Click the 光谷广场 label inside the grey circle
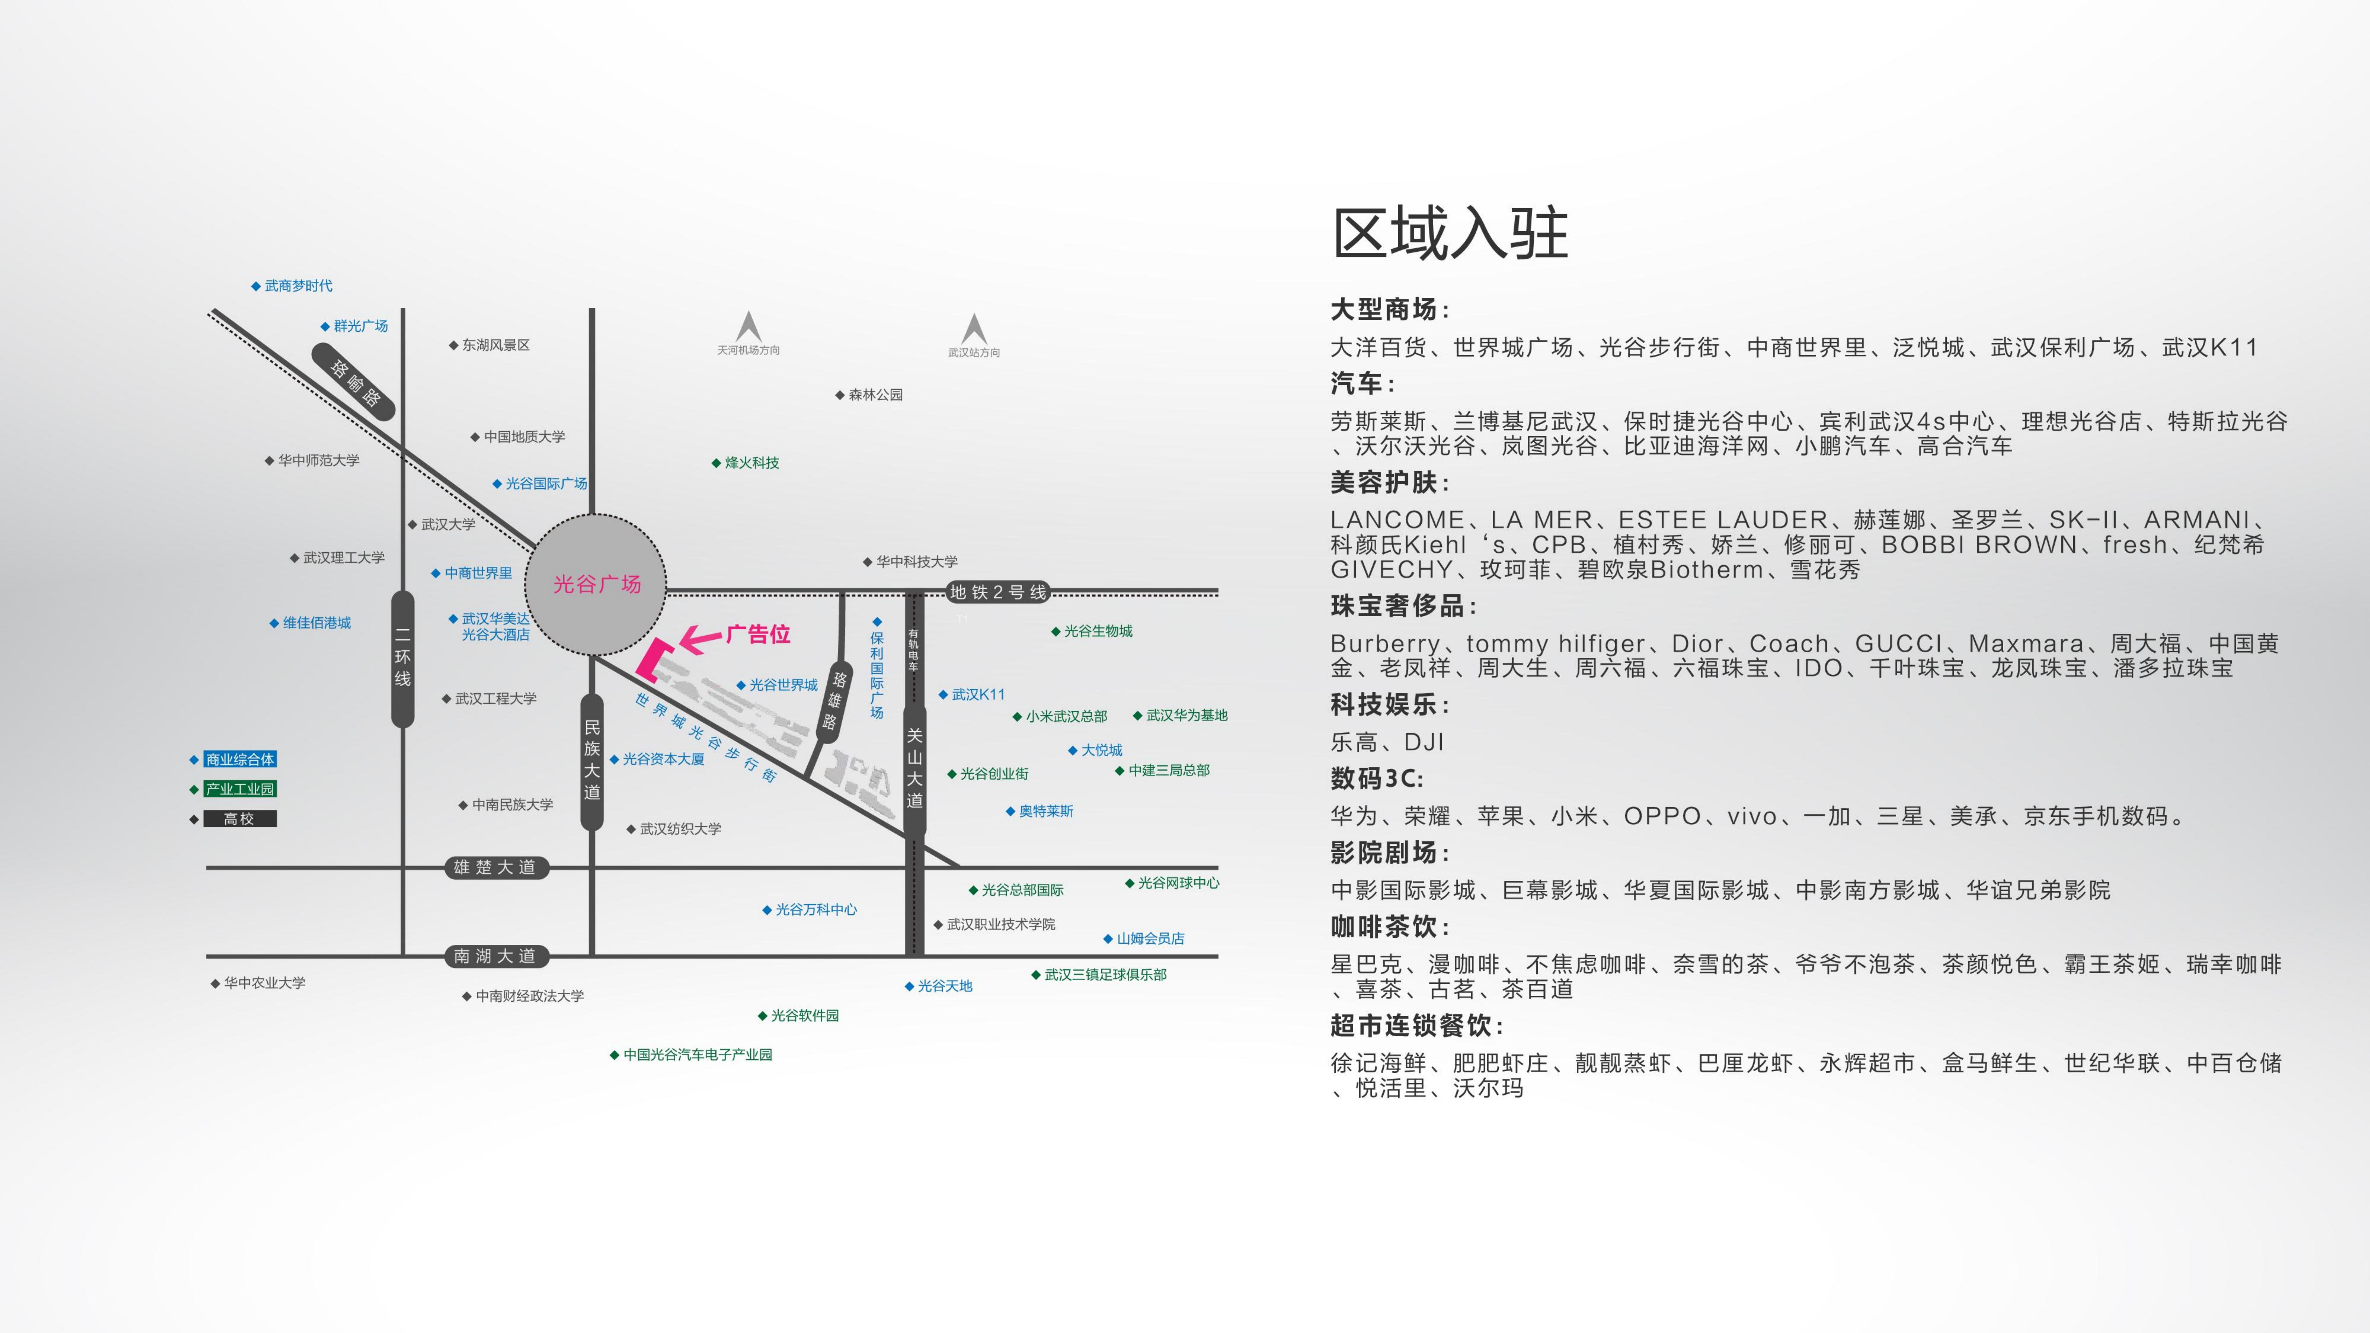click(x=596, y=584)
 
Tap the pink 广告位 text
click(x=758, y=634)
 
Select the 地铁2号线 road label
click(x=998, y=592)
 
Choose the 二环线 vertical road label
click(x=402, y=658)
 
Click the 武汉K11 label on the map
click(x=977, y=695)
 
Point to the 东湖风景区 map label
click(x=495, y=345)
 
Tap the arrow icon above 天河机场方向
click(x=748, y=326)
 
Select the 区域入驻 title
click(x=1450, y=234)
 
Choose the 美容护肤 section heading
click(x=1389, y=482)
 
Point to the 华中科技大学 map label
click(x=915, y=561)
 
